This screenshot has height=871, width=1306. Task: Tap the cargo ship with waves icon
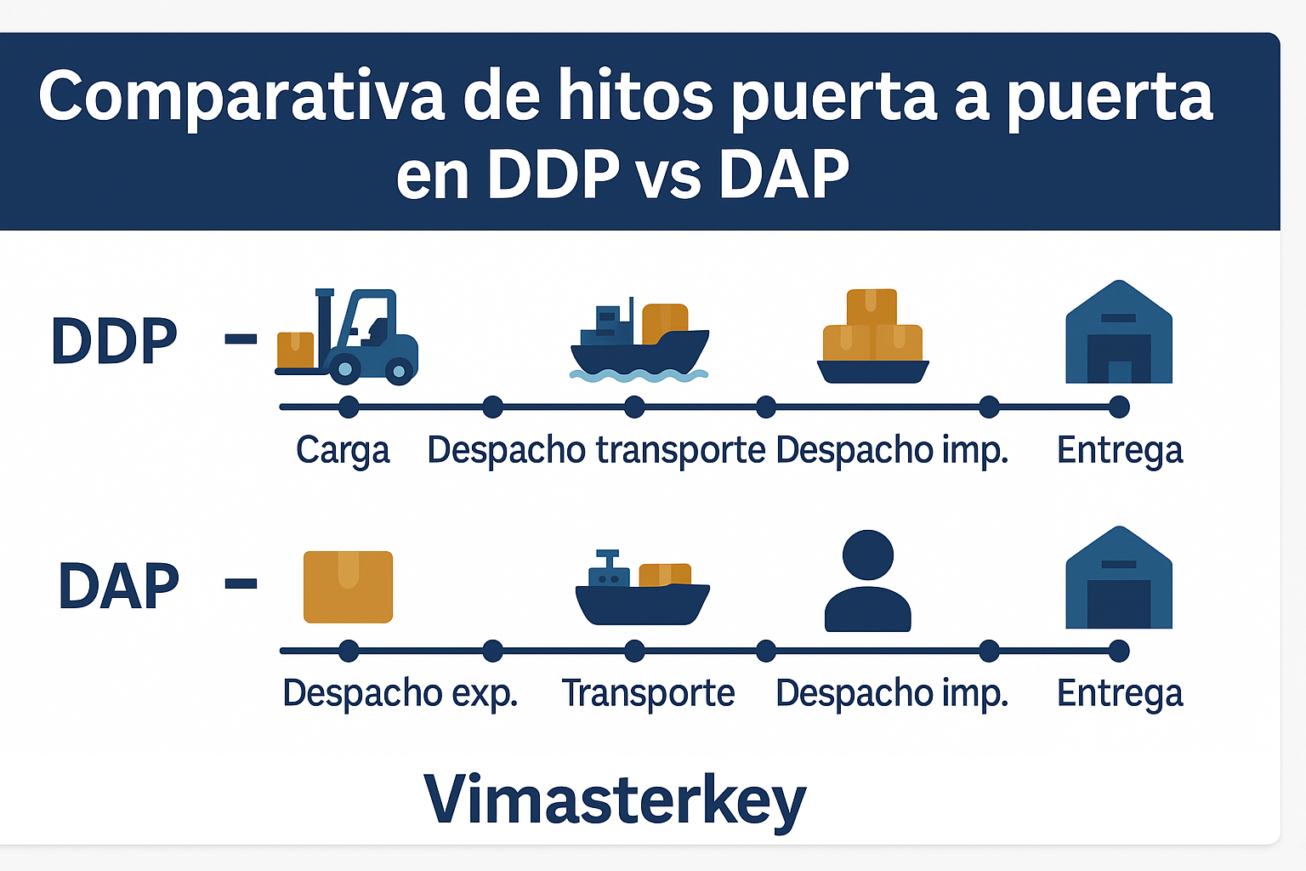coord(639,341)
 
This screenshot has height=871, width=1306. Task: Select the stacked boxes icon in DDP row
coord(872,337)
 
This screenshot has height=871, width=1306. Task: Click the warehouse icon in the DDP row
coord(1119,333)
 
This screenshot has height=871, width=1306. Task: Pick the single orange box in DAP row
coord(348,587)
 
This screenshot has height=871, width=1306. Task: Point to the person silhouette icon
coord(867,582)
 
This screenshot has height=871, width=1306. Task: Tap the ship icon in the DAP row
coord(642,589)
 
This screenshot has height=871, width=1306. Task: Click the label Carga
coord(343,450)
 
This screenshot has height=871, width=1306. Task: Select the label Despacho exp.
coord(400,693)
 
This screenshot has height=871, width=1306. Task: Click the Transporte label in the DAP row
coord(648,693)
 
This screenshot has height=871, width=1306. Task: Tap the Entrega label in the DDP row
coord(1120,450)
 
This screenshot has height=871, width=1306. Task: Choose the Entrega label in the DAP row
coord(1120,693)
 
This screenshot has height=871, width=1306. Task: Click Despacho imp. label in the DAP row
coord(892,693)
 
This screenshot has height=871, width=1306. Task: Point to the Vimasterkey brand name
coord(614,799)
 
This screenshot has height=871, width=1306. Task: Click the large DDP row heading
coord(114,341)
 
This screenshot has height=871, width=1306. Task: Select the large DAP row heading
coord(118,587)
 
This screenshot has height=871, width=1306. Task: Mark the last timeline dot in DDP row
coord(1119,407)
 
